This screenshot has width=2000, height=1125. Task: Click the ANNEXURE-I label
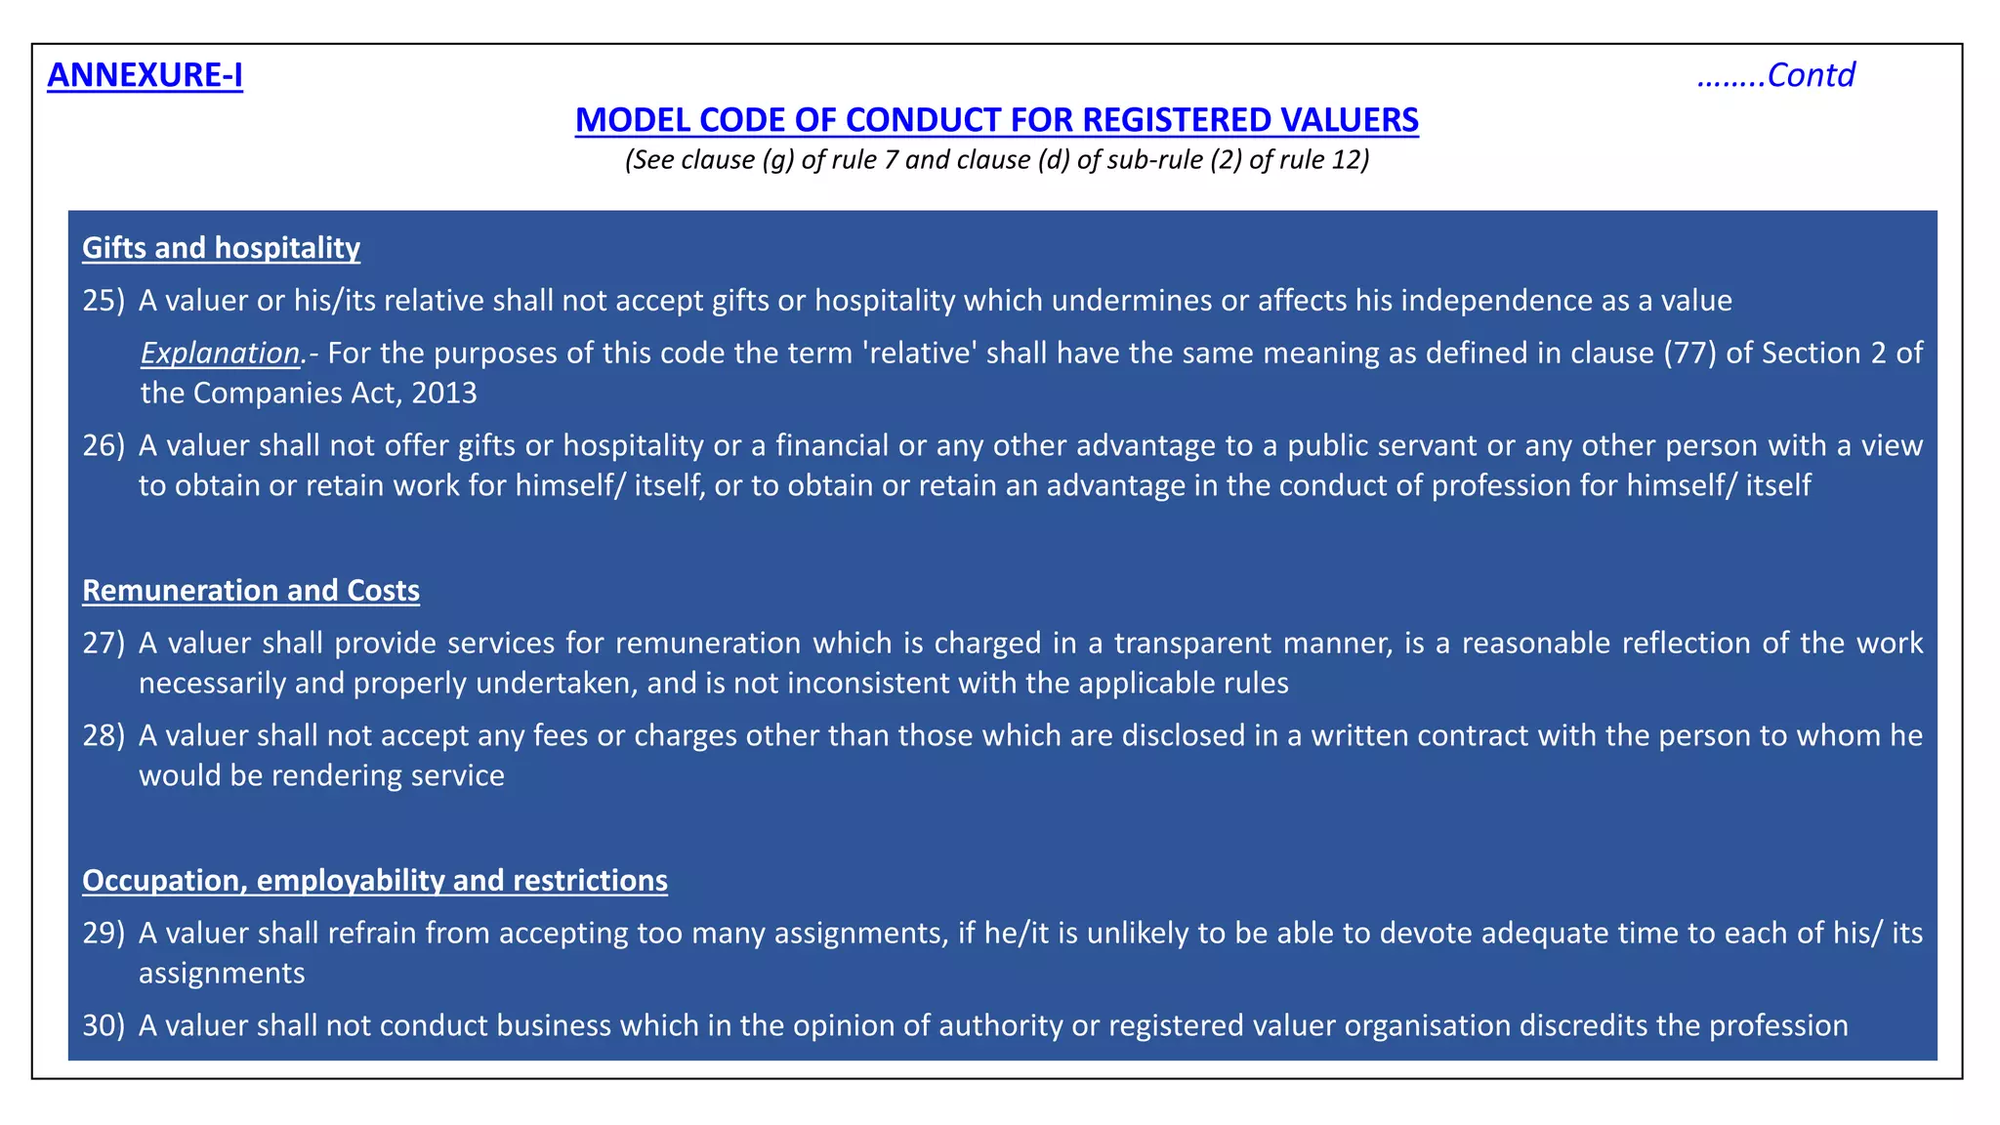pyautogui.click(x=145, y=75)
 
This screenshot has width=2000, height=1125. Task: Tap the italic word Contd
pyautogui.click(x=1811, y=75)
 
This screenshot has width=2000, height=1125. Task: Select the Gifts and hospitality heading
pyautogui.click(x=221, y=248)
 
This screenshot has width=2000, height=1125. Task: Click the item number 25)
pyautogui.click(x=104, y=301)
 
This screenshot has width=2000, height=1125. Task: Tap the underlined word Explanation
pyautogui.click(x=221, y=354)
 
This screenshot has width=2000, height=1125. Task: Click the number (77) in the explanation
pyautogui.click(x=1690, y=354)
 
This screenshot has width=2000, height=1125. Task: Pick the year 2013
pyautogui.click(x=444, y=394)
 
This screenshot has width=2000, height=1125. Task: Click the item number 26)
pyautogui.click(x=104, y=446)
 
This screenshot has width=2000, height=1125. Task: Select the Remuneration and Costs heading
pyautogui.click(x=251, y=591)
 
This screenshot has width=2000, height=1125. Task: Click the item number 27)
pyautogui.click(x=104, y=644)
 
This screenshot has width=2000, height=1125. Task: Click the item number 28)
pyautogui.click(x=104, y=735)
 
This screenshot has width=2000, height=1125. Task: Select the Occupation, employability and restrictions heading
pyautogui.click(x=375, y=881)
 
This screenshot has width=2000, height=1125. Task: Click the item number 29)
pyautogui.click(x=104, y=934)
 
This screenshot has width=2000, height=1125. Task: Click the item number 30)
pyautogui.click(x=104, y=1025)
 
